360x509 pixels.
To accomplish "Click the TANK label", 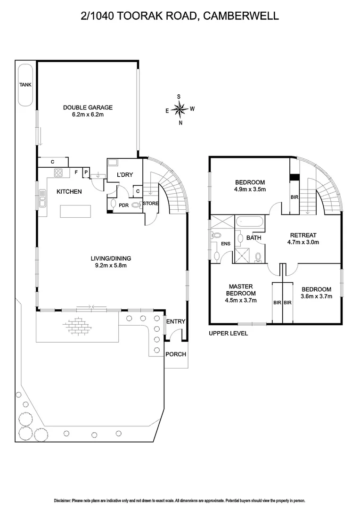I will [25, 85].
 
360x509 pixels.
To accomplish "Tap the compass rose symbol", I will [179, 109].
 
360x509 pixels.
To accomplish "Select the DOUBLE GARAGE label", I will [88, 107].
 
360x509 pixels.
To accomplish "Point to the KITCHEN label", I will [69, 191].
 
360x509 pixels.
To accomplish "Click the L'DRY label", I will [125, 175].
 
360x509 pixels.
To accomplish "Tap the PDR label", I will [123, 205].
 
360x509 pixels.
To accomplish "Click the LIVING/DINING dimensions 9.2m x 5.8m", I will [111, 265].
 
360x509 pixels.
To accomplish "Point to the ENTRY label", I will [175, 321].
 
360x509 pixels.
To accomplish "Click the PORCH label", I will [176, 354].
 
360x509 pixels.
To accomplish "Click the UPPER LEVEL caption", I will [228, 333].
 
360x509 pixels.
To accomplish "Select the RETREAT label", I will [303, 235].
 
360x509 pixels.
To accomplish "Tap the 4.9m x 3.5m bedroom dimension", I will [250, 189].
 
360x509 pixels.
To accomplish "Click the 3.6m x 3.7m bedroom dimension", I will [316, 296].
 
